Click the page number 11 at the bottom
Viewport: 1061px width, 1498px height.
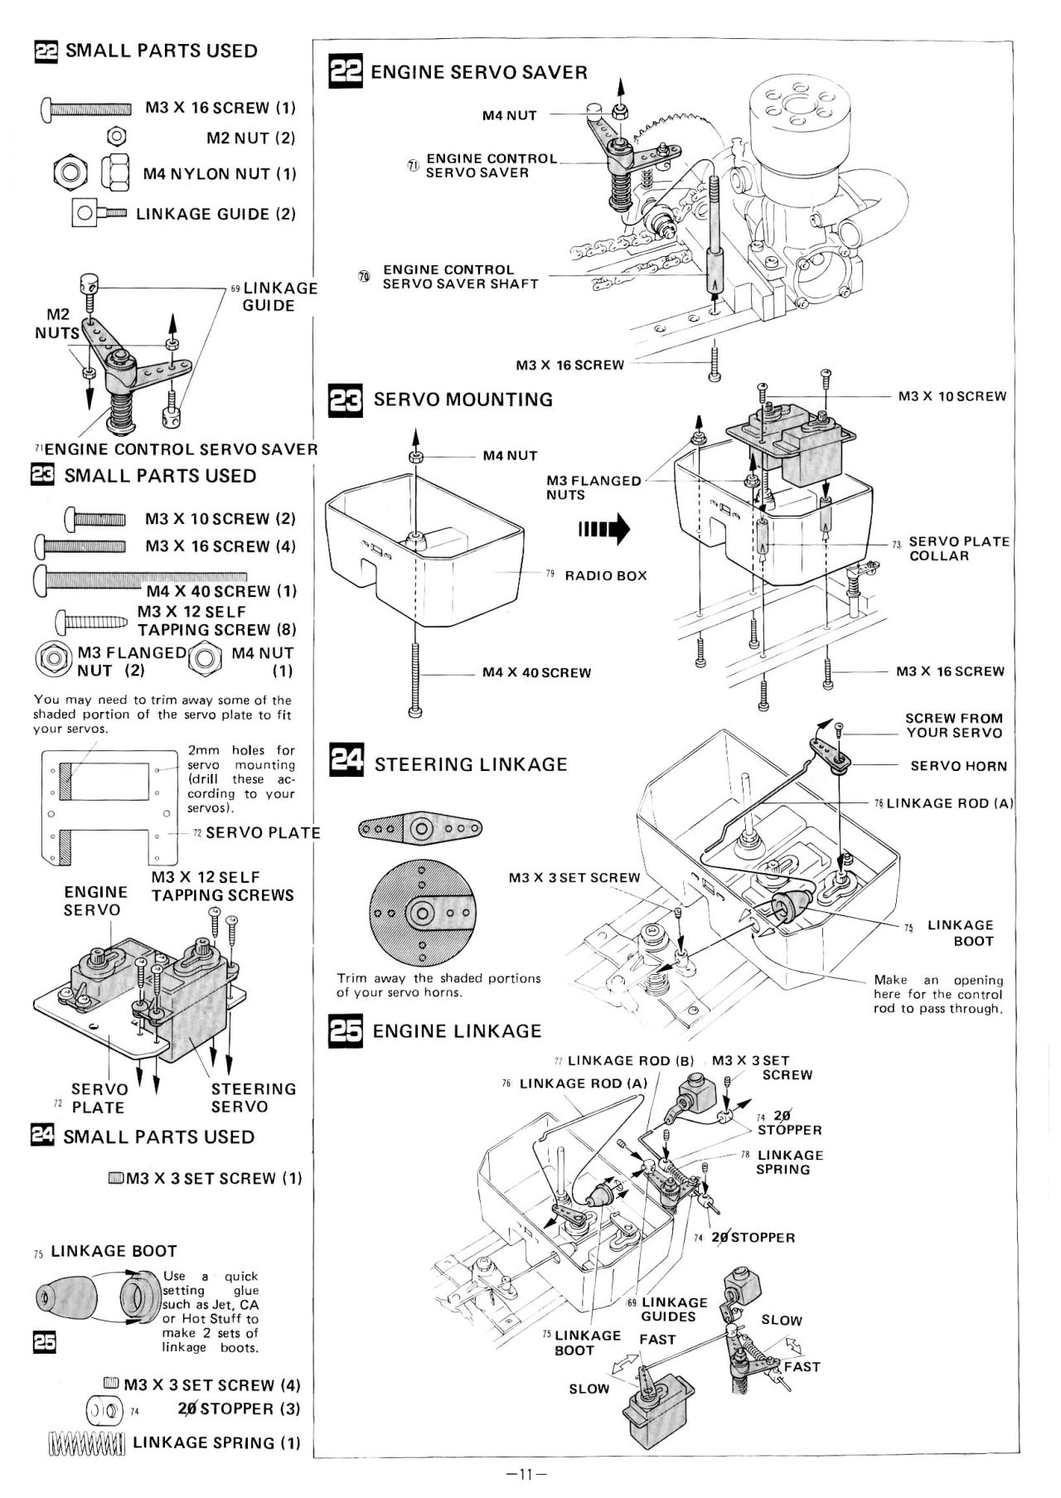525,1474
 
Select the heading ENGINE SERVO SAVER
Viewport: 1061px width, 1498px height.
479,72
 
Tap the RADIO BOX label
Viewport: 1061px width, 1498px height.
606,575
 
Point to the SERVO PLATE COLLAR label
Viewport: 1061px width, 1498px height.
959,549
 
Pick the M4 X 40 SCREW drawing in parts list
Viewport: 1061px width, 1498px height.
141,579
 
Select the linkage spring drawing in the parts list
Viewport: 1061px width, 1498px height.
86,1443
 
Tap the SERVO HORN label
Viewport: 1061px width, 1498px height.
958,766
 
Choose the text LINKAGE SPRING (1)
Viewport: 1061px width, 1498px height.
216,1442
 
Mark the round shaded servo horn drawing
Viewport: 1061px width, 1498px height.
422,914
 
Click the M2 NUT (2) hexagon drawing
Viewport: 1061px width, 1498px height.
118,135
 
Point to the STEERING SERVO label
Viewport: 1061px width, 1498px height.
253,1098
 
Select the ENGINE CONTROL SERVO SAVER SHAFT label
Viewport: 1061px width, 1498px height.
460,277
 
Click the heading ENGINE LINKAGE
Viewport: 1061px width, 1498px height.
457,1031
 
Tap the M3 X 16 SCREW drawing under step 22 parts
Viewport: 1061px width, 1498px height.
86,109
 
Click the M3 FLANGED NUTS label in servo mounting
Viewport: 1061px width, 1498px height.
593,487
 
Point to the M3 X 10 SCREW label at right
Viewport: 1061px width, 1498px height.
952,396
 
